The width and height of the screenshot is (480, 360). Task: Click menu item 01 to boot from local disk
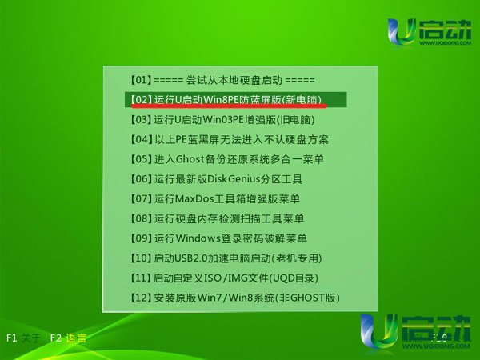(222, 80)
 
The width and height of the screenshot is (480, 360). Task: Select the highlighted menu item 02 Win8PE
(226, 100)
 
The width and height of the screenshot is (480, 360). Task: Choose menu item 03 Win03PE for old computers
(222, 120)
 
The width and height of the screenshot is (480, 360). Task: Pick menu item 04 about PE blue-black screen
(229, 139)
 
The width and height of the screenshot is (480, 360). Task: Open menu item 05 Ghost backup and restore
(227, 159)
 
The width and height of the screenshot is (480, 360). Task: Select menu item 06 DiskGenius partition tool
(216, 179)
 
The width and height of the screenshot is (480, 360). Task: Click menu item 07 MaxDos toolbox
(214, 199)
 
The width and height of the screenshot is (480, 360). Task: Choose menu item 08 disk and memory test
(217, 218)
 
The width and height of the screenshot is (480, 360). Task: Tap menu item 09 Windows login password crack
(218, 238)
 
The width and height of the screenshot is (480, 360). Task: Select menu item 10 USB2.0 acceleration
(226, 258)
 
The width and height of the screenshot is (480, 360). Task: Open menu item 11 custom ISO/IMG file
(224, 278)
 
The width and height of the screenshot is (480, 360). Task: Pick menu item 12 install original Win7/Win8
(234, 298)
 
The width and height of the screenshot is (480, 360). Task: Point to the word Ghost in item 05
(190, 159)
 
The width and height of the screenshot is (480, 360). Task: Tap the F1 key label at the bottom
(11, 338)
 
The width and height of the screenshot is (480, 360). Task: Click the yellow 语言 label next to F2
(76, 338)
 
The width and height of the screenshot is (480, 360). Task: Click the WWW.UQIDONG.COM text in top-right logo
(445, 43)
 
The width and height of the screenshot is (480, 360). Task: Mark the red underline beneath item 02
(229, 106)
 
